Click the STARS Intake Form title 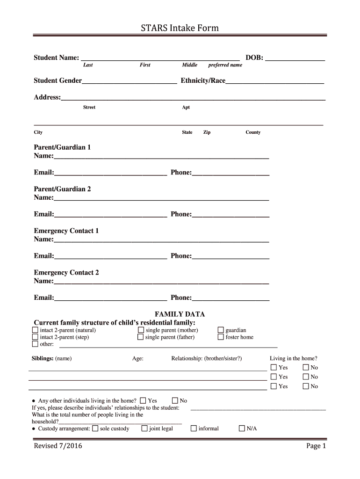(180, 29)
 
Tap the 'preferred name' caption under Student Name (225, 65)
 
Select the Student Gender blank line (129, 81)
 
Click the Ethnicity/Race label (203, 81)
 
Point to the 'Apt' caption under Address (186, 108)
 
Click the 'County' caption (253, 132)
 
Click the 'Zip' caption (207, 132)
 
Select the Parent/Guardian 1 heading (62, 147)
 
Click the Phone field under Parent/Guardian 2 (230, 214)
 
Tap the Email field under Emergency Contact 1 (110, 256)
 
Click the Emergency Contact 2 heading (66, 273)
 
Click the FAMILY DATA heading (180, 314)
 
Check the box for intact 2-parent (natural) (35, 330)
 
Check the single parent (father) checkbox (141, 337)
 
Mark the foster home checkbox (221, 337)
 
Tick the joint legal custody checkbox (144, 428)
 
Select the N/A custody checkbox (242, 428)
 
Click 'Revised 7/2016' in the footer (58, 446)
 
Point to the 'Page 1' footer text (316, 446)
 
